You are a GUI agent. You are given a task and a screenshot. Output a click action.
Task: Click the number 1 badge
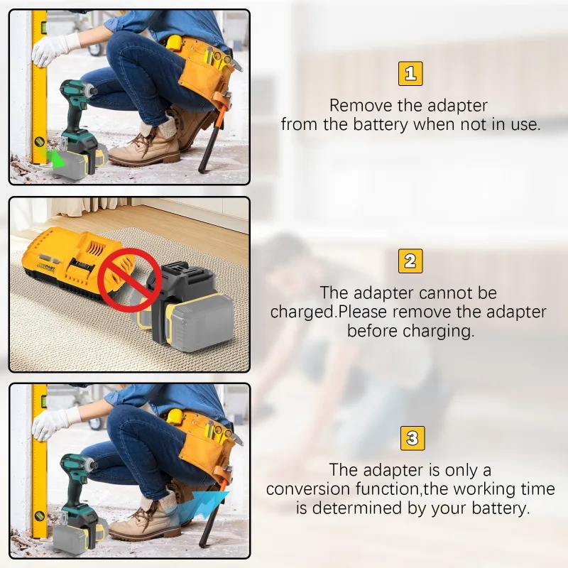pyautogui.click(x=410, y=74)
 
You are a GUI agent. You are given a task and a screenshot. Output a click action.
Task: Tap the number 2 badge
pyautogui.click(x=410, y=261)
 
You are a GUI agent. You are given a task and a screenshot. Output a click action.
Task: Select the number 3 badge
pyautogui.click(x=410, y=437)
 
